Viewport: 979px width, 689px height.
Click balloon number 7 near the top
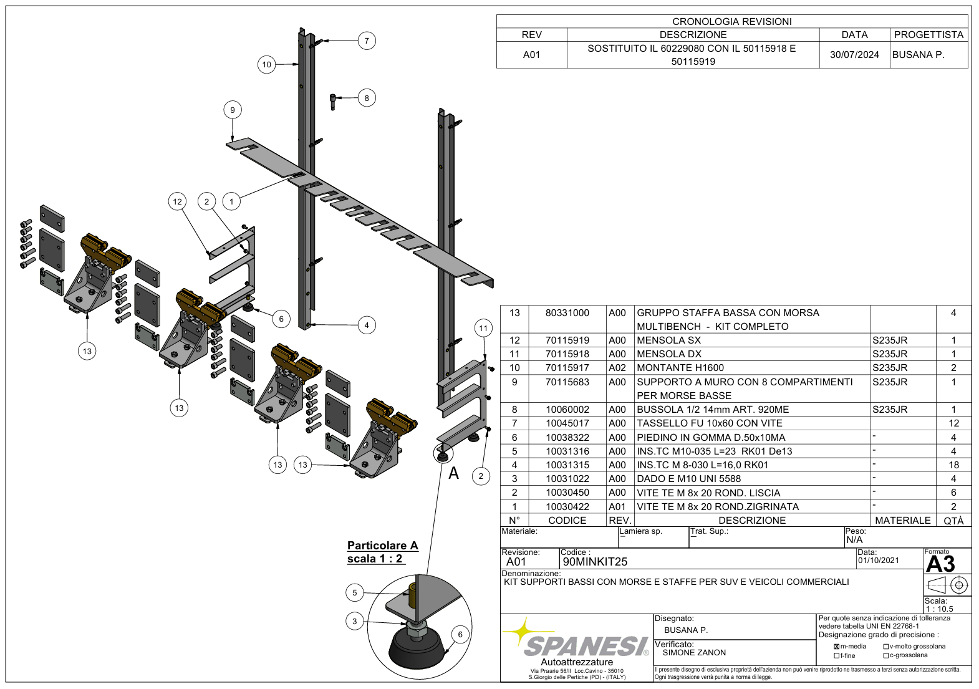(366, 41)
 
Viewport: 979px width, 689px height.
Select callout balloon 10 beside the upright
(267, 65)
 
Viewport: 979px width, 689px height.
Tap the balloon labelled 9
(233, 110)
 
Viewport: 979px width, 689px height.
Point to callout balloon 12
(178, 201)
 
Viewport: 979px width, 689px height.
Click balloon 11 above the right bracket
(483, 328)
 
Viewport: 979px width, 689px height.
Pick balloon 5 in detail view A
(354, 592)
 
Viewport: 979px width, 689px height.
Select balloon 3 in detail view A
(354, 621)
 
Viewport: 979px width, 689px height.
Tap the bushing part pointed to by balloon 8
(332, 102)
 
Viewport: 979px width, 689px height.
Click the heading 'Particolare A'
(382, 545)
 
